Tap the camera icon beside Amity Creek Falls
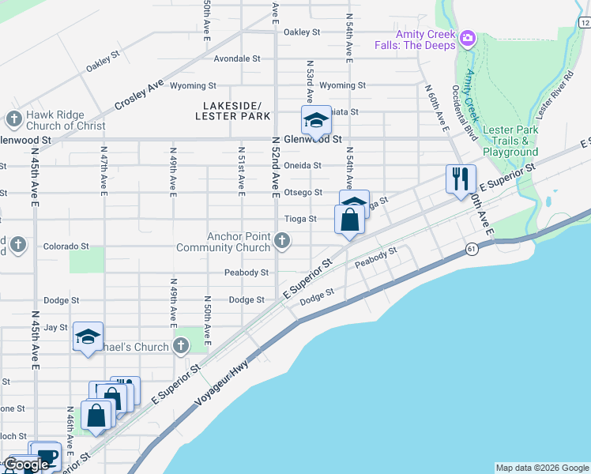click(x=468, y=38)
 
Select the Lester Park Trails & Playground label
click(x=510, y=141)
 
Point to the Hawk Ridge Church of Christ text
click(x=66, y=120)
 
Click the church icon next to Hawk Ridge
click(x=13, y=120)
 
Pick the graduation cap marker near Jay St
click(x=88, y=337)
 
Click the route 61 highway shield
click(x=472, y=249)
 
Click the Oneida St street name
click(x=303, y=166)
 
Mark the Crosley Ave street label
click(x=138, y=95)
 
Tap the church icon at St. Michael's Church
click(x=181, y=346)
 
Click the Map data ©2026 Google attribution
click(x=542, y=468)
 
